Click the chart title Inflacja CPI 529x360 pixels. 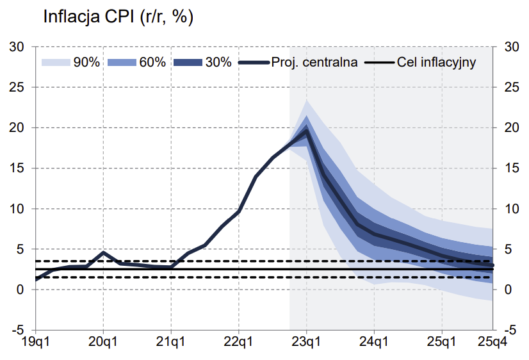tap(118, 17)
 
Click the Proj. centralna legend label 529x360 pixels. tap(314, 62)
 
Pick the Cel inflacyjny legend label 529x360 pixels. tap(436, 62)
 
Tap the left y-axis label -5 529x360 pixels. tap(18, 331)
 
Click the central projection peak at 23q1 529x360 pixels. tap(306, 131)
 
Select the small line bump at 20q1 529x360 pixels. tap(104, 252)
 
